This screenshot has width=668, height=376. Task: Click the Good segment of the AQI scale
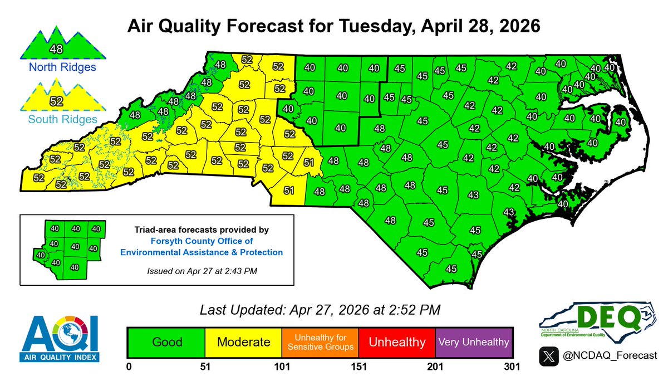[166, 341]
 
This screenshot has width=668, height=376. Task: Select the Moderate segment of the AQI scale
[243, 341]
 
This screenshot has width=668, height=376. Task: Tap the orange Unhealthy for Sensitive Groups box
[320, 341]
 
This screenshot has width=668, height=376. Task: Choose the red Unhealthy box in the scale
[396, 341]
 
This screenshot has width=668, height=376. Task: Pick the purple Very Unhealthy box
[473, 341]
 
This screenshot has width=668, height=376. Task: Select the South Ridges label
[57, 119]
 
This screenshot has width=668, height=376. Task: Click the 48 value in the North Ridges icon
[57, 48]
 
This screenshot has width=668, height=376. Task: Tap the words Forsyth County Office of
[202, 241]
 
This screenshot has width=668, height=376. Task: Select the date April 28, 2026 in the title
[468, 26]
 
